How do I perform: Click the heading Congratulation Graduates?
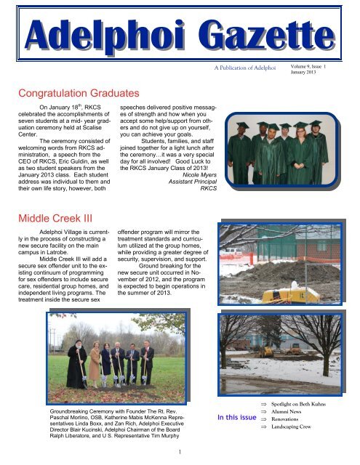coord(85,92)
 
